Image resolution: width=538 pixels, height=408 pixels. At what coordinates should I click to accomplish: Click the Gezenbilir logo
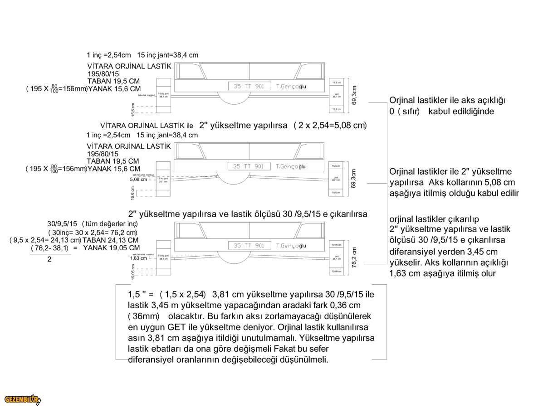pos(22,399)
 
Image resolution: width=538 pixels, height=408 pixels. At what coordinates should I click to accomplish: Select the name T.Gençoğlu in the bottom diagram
pos(291,245)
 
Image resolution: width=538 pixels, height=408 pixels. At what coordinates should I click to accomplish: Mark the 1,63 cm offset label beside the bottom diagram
pos(138,258)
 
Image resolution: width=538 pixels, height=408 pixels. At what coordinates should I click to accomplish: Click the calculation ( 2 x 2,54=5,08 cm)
pos(330,125)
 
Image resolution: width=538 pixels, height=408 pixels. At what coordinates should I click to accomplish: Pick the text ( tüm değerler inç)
pos(110,223)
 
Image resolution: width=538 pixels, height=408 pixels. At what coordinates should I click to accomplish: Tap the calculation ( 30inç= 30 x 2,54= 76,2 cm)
pos(93,232)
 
